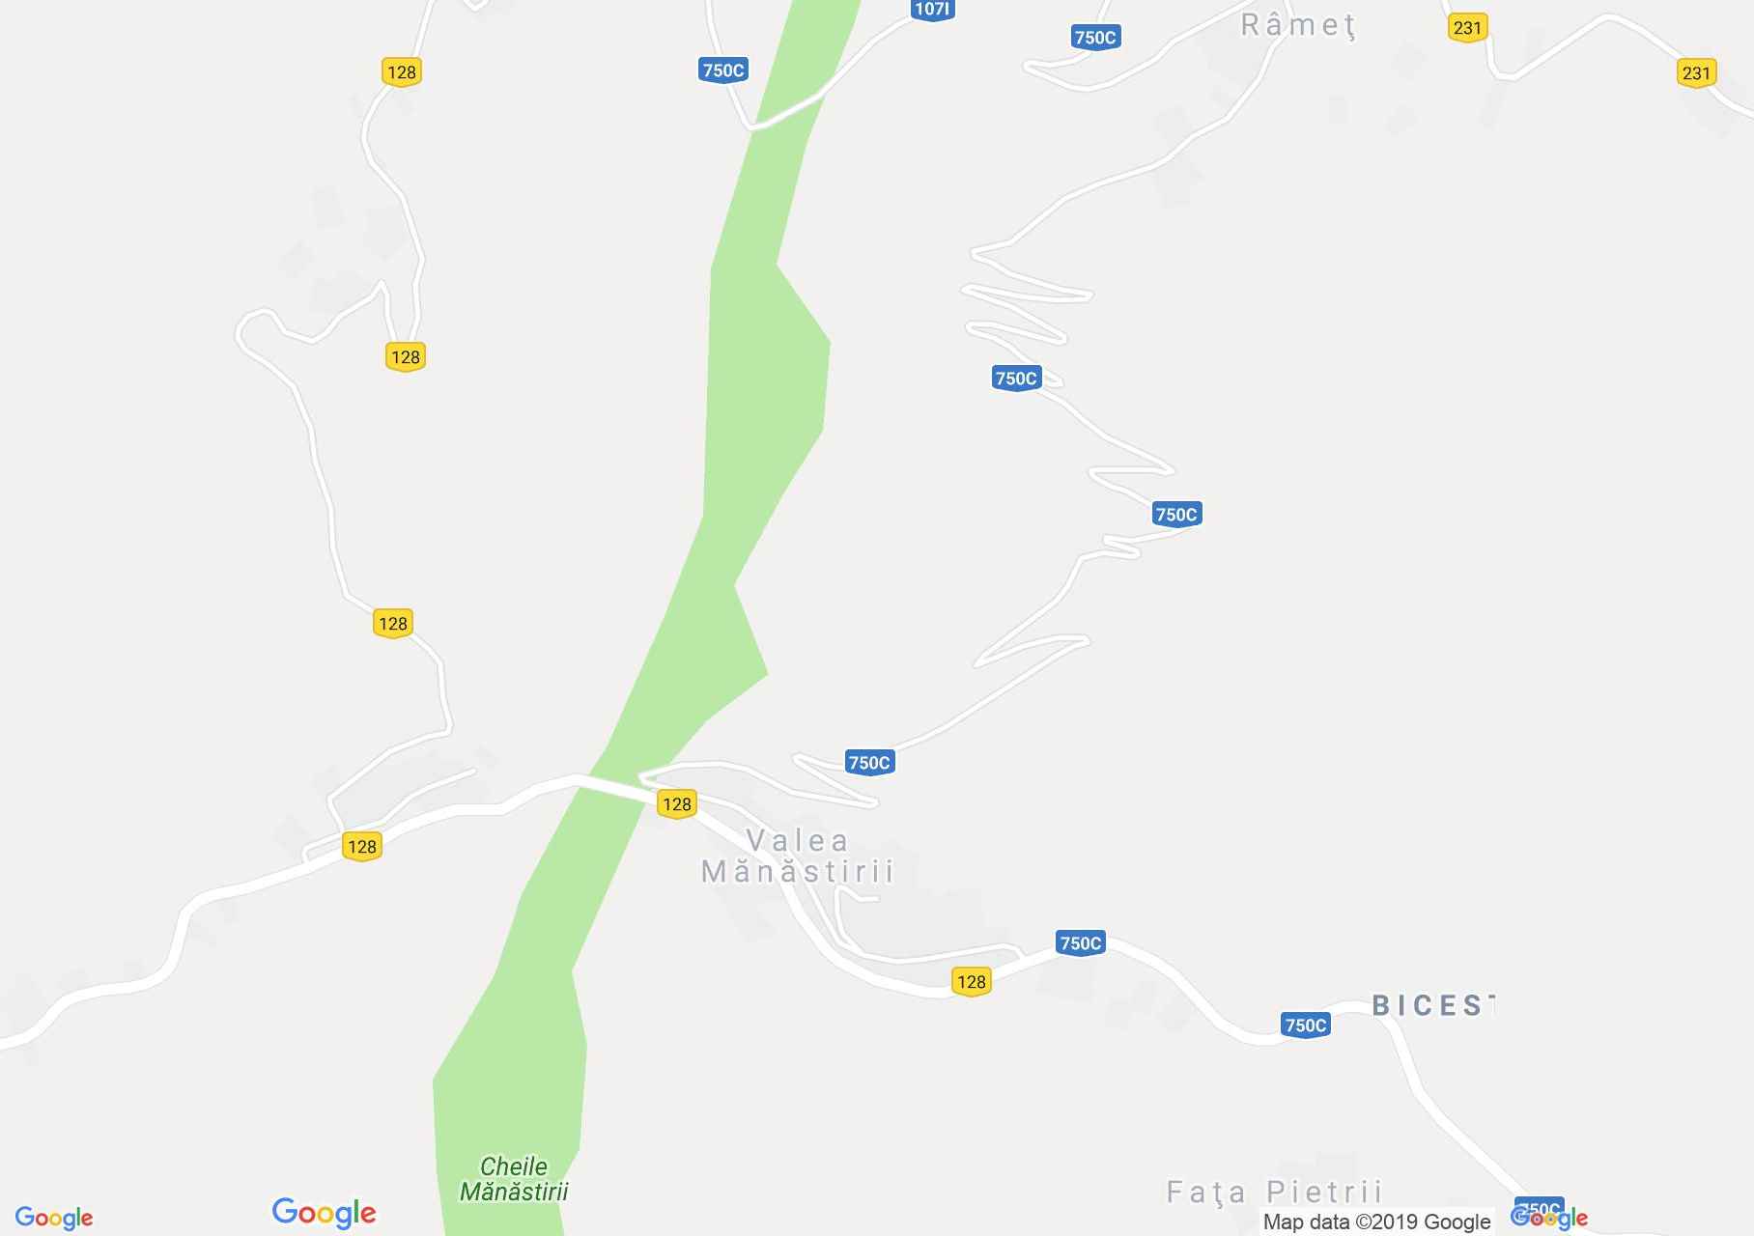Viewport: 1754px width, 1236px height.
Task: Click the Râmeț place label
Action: coord(1297,26)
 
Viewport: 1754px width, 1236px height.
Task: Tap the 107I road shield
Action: coord(931,10)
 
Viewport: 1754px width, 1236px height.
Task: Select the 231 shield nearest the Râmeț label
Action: coord(1466,28)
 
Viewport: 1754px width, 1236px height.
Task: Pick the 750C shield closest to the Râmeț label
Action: coord(1094,38)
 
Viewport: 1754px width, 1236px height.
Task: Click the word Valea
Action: coord(797,841)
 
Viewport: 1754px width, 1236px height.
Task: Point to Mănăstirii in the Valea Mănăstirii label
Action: coord(797,872)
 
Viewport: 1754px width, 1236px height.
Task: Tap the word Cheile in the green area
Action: coord(513,1166)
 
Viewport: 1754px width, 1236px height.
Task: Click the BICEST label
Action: coord(1432,1005)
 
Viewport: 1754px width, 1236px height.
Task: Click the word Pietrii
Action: coord(1324,1192)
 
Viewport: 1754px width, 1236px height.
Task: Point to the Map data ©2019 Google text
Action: coord(1376,1222)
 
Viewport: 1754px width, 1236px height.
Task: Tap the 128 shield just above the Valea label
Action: coord(676,803)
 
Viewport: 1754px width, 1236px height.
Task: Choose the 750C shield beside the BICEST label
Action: coord(1305,1025)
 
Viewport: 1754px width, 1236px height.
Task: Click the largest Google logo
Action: coord(324,1213)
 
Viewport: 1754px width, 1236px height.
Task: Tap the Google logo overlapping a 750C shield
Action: coord(1549,1217)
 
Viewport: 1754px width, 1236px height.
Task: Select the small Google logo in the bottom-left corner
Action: coord(54,1218)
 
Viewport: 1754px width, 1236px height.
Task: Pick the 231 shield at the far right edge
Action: coord(1696,73)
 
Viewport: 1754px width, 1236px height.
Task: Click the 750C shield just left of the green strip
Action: coord(722,70)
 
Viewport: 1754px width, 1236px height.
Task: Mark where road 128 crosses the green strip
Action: coord(609,787)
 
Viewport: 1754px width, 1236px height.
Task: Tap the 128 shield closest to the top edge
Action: coord(401,71)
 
